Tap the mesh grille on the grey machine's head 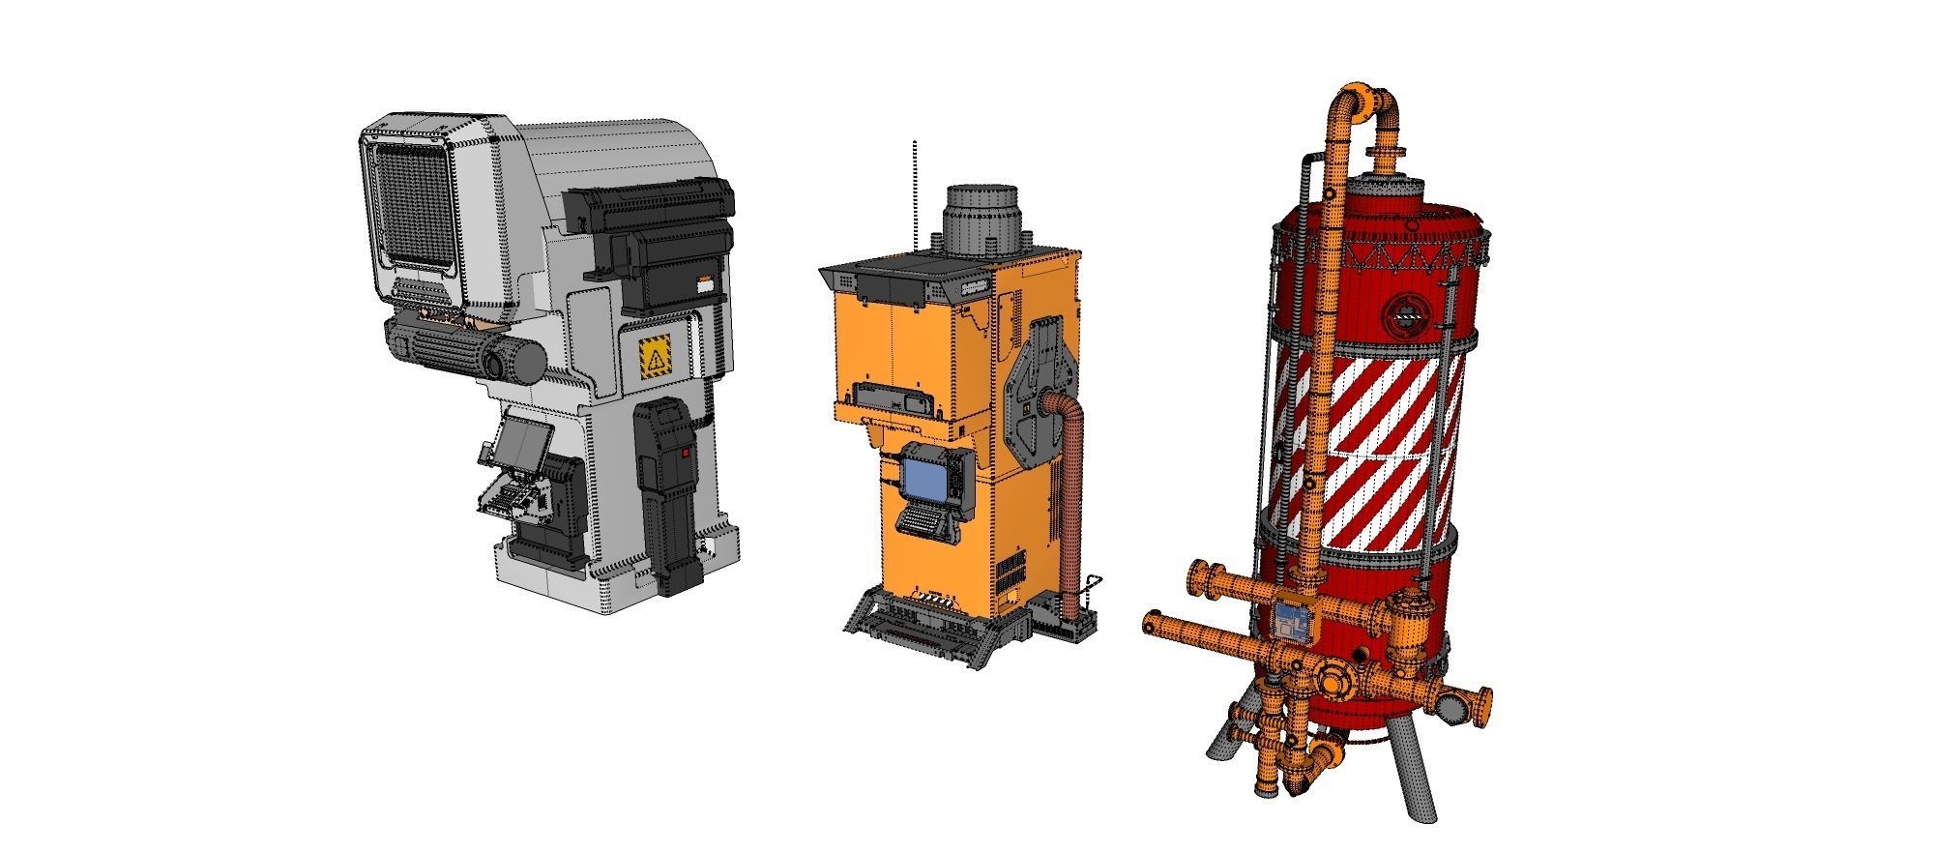413,207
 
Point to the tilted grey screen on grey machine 523,444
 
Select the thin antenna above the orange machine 914,193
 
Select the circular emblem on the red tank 1402,312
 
